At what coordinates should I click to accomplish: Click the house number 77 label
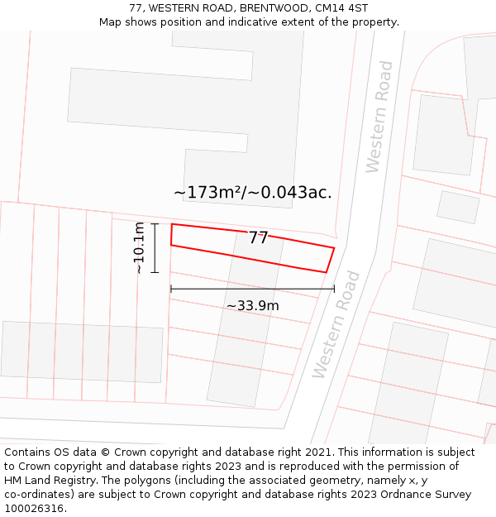pos(259,238)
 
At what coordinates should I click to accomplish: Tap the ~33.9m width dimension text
pos(253,306)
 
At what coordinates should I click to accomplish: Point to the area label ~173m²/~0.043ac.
pos(252,193)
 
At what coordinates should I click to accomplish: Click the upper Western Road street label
pos(379,117)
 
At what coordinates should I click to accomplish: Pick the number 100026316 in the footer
pos(36,509)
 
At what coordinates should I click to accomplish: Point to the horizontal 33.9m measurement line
pos(252,289)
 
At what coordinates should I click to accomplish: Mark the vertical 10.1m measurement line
pos(155,248)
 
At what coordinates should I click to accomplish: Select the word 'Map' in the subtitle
pos(111,22)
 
